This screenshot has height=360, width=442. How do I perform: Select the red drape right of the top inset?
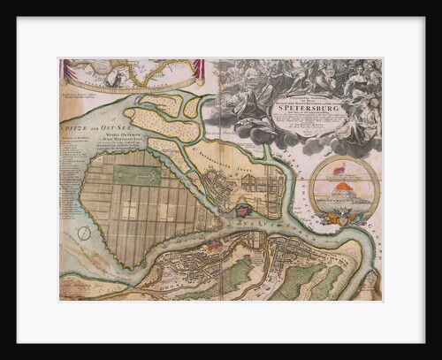[200, 70]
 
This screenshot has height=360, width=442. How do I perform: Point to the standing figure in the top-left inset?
[113, 78]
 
